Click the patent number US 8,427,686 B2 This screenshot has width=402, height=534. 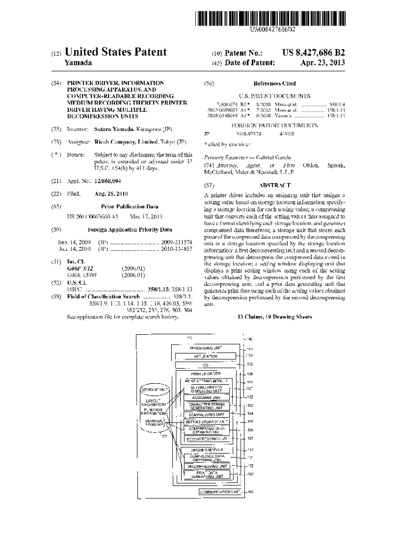tap(313, 53)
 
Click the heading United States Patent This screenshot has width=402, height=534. tap(115, 52)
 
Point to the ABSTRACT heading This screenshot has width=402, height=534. tap(274, 185)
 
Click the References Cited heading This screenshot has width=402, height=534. tap(274, 83)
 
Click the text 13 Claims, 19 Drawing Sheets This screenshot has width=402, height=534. tap(274, 317)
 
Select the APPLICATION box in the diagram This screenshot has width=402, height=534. tap(205, 356)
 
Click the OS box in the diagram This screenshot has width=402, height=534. tap(205, 365)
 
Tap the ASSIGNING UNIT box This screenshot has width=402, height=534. tap(205, 397)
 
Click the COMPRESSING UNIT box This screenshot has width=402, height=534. tap(205, 414)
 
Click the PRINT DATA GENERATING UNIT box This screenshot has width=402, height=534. tap(205, 474)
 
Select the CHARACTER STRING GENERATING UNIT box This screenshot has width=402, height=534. tap(205, 406)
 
